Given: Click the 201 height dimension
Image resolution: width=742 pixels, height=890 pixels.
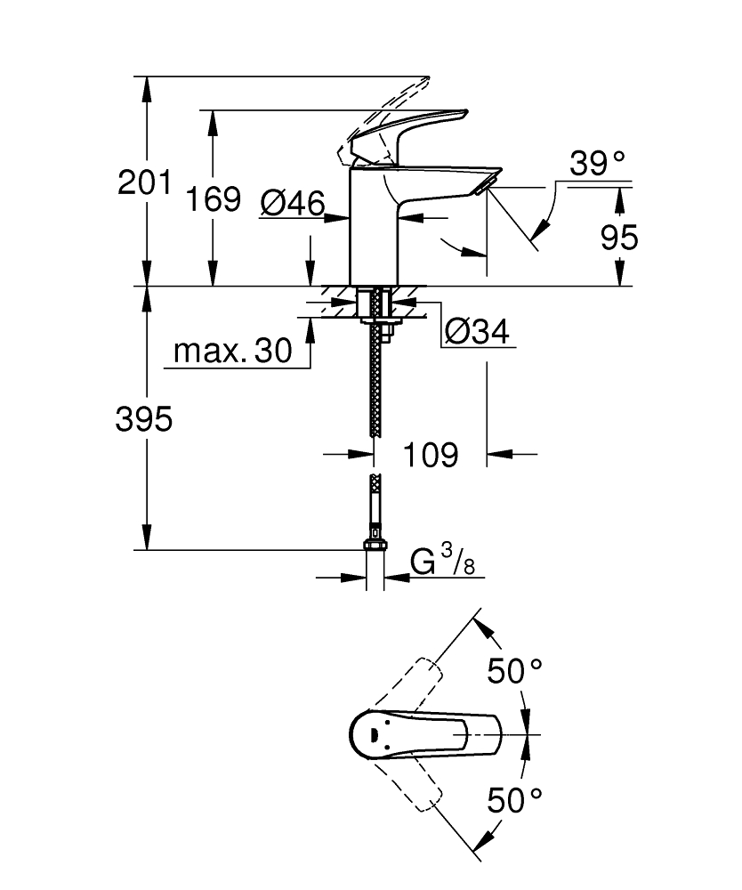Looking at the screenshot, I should [144, 183].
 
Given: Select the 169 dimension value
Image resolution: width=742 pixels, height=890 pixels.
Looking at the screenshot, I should [213, 198].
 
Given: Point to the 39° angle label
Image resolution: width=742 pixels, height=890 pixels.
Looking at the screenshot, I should [597, 164].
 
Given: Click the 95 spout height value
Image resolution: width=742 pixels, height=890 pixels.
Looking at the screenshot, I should [620, 238].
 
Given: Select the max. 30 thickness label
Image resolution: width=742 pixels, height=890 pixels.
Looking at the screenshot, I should [232, 352].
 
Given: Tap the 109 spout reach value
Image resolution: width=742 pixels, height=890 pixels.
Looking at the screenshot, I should [431, 455].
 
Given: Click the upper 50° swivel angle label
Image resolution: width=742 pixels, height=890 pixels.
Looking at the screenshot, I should [515, 670].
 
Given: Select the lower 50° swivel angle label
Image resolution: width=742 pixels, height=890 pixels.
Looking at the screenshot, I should [515, 800].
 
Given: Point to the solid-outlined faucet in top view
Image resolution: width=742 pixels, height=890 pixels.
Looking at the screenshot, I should [418, 734].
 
